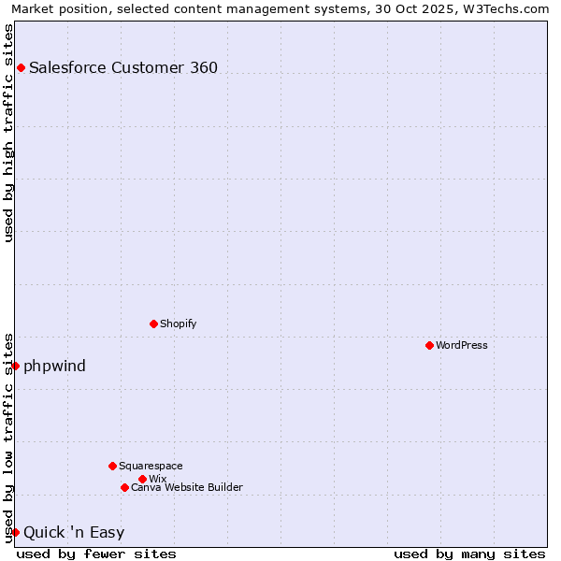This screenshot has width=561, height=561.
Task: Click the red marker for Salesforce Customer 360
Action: click(21, 67)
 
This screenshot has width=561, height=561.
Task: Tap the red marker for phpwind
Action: click(15, 366)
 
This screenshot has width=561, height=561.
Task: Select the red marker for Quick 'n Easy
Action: click(15, 532)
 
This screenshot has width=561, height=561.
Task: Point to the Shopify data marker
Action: click(153, 324)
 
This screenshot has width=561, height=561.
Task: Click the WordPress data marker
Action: click(429, 345)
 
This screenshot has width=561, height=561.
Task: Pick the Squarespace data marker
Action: click(112, 466)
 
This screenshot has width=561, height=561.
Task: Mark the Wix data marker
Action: click(142, 479)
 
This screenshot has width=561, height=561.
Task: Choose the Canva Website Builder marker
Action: click(124, 487)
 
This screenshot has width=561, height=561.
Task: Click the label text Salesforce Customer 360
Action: click(123, 67)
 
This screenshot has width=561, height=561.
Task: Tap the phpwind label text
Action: click(54, 366)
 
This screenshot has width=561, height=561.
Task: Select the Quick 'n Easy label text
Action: click(74, 533)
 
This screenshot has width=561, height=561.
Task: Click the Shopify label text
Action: click(178, 324)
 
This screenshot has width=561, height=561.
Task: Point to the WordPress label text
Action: click(461, 345)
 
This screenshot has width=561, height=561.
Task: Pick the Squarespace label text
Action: click(151, 466)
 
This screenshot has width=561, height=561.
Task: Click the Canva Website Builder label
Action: click(186, 487)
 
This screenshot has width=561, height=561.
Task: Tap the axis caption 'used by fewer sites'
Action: click(96, 554)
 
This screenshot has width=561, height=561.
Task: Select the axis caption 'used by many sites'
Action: click(469, 554)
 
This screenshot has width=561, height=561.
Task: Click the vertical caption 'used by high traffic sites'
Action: click(9, 133)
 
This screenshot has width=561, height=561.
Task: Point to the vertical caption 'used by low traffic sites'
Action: click(9, 437)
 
